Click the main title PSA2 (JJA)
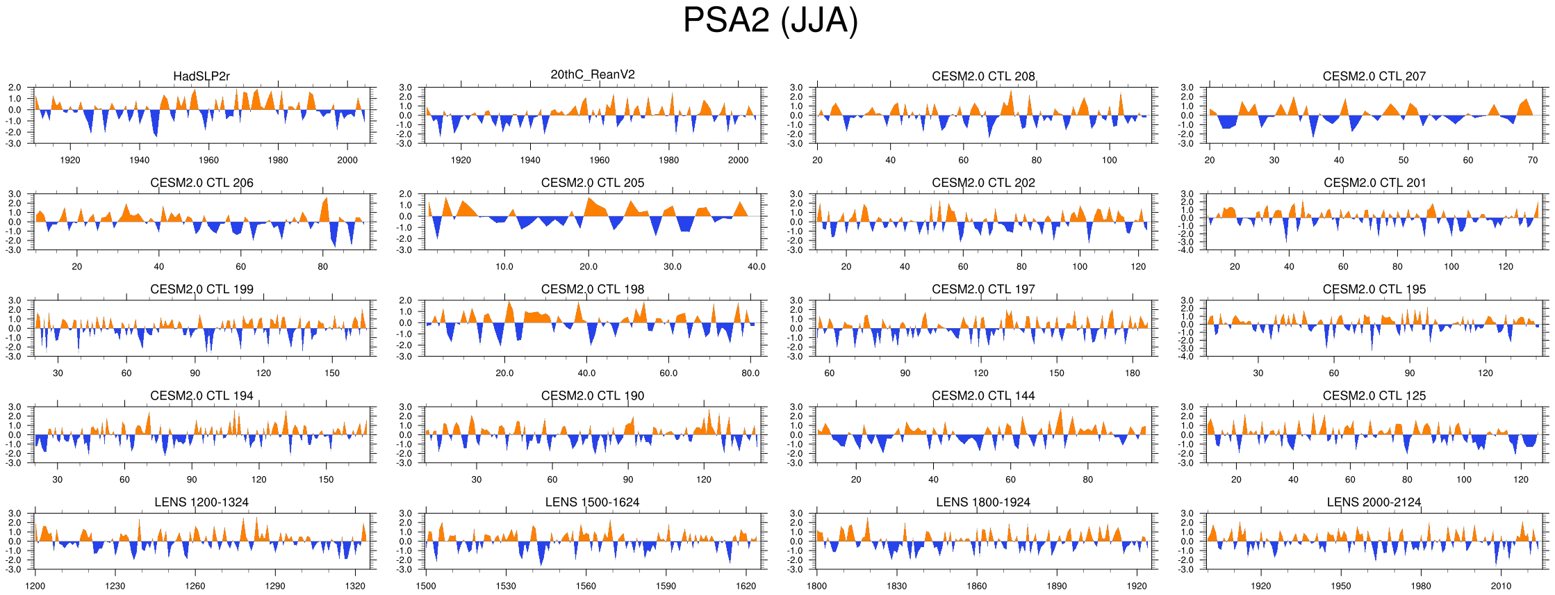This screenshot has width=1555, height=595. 770,20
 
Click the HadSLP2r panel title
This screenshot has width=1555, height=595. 201,76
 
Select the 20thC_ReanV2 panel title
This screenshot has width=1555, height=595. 592,75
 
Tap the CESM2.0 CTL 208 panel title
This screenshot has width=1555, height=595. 983,76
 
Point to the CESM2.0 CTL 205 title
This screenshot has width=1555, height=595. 592,183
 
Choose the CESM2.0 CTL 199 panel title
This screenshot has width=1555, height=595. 201,289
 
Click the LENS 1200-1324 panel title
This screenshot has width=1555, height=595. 201,503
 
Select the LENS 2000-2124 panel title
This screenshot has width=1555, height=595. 1374,503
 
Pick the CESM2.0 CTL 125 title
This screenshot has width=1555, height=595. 1374,396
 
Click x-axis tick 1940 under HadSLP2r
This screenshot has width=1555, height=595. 139,161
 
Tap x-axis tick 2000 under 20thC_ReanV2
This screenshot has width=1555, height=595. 738,161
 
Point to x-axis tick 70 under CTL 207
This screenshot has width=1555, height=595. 1533,161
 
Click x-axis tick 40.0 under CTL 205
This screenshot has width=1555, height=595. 756,267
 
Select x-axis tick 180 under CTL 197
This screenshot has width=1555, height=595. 1133,373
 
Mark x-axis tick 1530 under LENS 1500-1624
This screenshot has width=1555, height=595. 506,586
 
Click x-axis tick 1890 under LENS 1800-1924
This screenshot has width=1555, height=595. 1056,586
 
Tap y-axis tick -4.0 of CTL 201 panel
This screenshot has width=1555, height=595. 1187,250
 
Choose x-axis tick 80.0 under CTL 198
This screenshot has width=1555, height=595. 750,373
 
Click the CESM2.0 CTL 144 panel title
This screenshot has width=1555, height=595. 983,396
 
